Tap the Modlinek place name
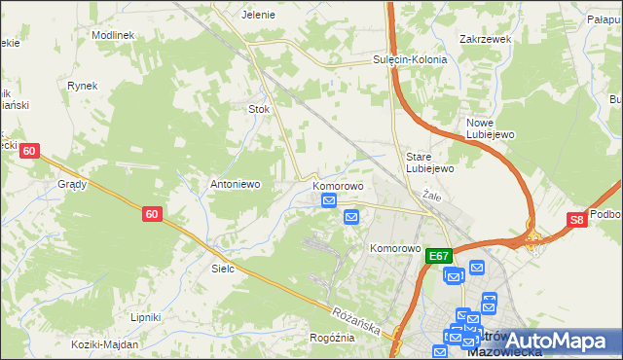112,34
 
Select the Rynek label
83,86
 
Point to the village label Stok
259,110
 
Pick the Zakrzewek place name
485,40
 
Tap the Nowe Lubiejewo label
491,128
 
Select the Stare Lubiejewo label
430,162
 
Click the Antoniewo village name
234,183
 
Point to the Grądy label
72,183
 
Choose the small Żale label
433,196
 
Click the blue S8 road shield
577,221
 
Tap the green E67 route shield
439,256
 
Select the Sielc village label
223,268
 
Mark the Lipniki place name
145,317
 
